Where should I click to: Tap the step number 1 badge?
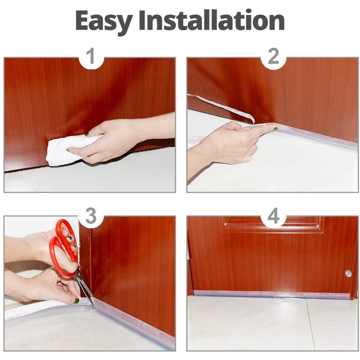91,57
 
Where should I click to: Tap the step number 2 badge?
273,57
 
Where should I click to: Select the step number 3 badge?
91,216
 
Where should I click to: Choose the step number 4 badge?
273,216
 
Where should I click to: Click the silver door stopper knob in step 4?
348,274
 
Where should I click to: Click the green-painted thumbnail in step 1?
87,133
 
